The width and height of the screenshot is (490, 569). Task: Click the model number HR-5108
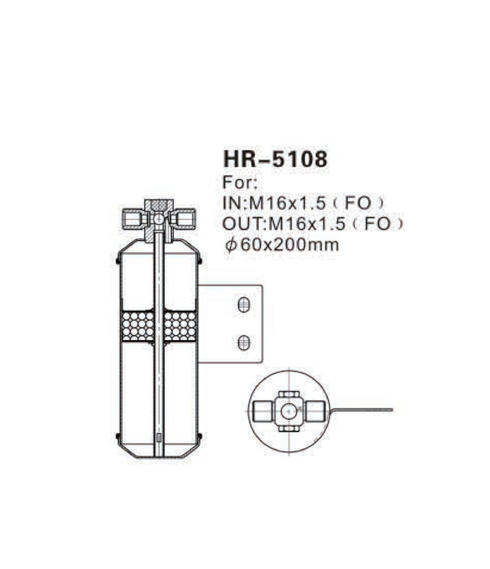(275, 159)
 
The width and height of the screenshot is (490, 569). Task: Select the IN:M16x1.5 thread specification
(277, 203)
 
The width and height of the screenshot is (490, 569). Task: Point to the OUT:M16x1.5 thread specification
(285, 224)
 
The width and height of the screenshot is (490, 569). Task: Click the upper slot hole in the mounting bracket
(244, 304)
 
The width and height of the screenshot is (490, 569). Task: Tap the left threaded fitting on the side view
(133, 217)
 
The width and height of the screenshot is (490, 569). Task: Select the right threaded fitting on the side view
(184, 217)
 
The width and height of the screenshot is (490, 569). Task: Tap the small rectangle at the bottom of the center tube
(159, 437)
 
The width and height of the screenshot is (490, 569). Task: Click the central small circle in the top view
(287, 410)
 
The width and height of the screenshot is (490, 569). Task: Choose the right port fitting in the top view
(313, 410)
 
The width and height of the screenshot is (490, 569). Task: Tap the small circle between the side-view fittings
(159, 218)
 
